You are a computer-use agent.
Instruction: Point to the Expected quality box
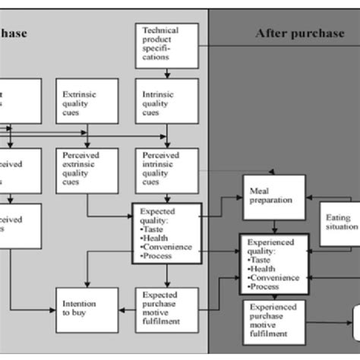166,232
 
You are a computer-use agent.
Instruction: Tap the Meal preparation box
273,197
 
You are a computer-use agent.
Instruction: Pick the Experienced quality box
273,264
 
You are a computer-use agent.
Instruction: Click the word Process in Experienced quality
265,286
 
